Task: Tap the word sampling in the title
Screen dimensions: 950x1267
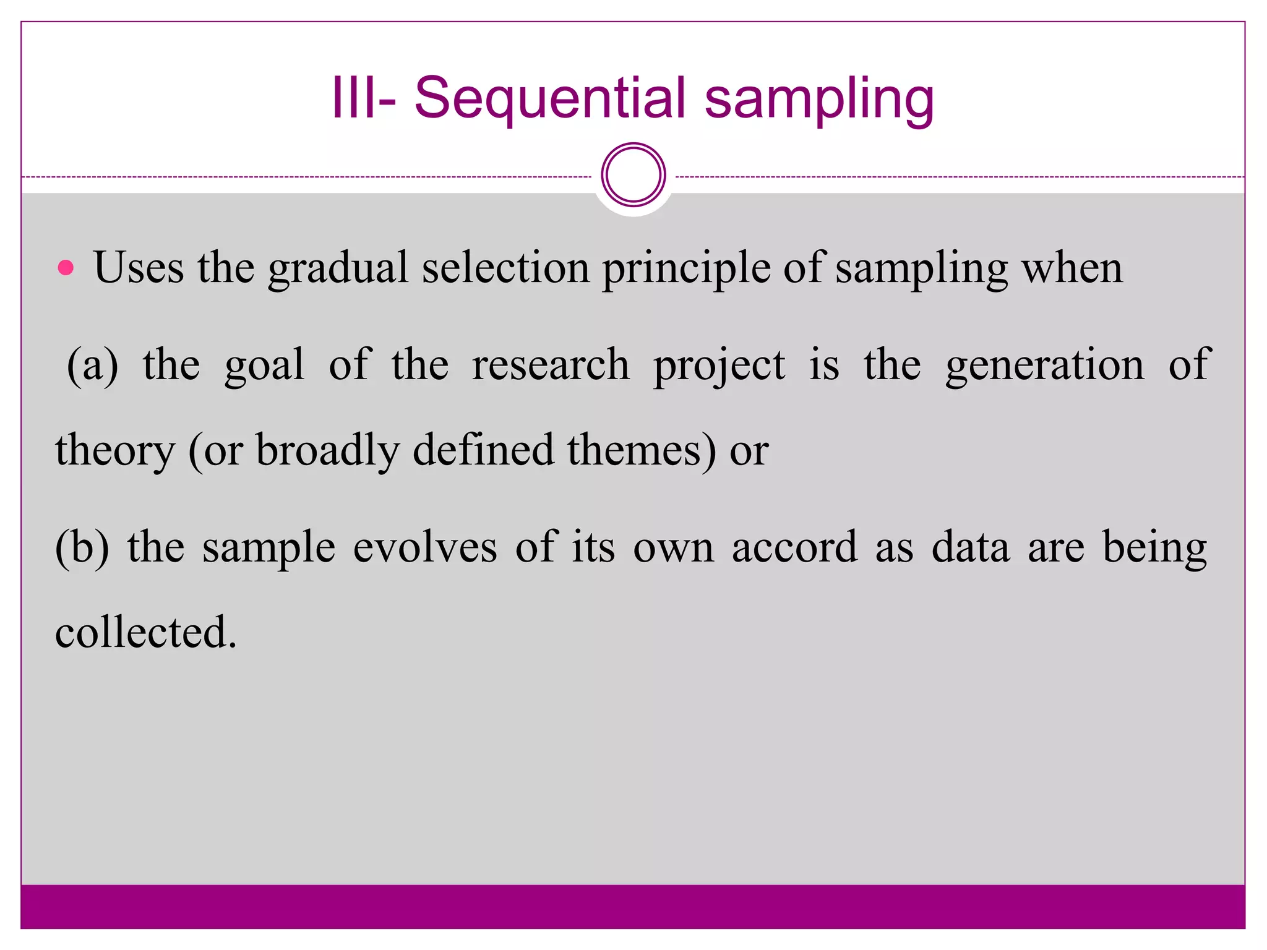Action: [x=819, y=98]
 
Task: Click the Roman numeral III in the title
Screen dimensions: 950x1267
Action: [x=353, y=97]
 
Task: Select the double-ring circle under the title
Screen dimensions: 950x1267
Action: [x=633, y=175]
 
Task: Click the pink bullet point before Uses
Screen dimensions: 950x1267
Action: [x=66, y=268]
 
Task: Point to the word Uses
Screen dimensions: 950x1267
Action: [x=139, y=268]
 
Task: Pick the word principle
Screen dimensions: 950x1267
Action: [x=686, y=269]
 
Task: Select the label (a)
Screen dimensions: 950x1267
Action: [x=93, y=365]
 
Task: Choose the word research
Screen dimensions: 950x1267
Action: [x=551, y=365]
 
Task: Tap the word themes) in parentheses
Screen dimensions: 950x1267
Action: [x=642, y=450]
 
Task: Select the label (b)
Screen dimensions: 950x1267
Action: [x=82, y=547]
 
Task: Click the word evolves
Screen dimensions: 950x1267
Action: [x=424, y=547]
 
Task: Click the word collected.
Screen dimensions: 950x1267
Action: [x=145, y=633]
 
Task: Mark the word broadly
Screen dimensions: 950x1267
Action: [x=328, y=451]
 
